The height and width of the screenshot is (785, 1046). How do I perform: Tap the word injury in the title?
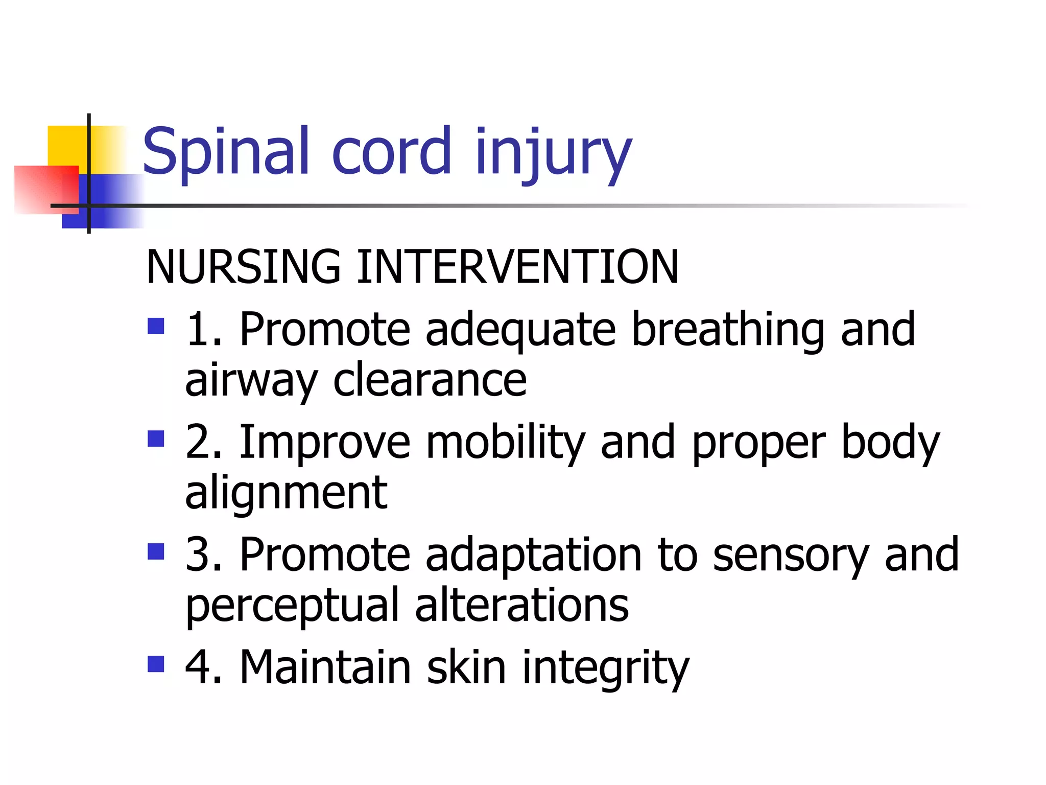coord(553,152)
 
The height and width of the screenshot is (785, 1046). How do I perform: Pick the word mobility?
coord(505,443)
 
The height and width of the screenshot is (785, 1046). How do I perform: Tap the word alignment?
coord(286,493)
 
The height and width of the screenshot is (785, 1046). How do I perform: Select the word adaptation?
coord(533,555)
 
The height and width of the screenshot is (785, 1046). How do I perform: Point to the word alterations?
coord(521,605)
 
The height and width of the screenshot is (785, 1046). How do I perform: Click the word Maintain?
coord(325,667)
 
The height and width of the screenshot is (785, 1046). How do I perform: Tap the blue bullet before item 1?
coord(156,326)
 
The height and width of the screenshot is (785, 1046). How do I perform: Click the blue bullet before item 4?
coord(156,664)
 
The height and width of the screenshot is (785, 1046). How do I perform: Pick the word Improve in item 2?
coord(325,443)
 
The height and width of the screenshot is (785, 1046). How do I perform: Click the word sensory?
coord(790,556)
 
